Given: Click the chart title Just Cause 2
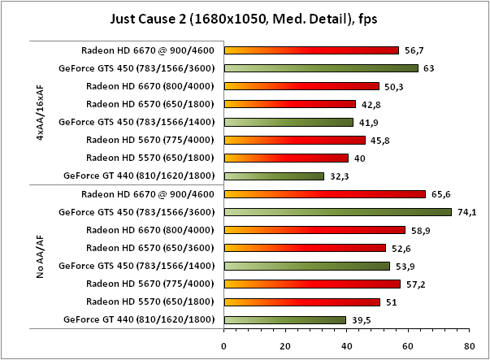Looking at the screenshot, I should point(245,17).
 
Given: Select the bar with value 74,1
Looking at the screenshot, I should point(337,212).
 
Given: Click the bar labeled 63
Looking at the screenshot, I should point(320,68).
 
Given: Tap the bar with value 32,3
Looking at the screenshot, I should point(273,176).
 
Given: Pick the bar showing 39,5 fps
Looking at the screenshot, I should point(284,319).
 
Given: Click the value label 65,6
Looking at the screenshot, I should point(440,194).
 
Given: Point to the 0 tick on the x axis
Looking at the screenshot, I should point(223,344).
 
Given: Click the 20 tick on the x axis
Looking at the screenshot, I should point(284,344).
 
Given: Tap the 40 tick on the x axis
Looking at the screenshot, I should point(346,344).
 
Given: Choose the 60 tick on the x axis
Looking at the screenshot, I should point(407,344).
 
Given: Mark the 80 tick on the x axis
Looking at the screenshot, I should point(468,344).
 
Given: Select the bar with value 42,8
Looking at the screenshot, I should point(289,104).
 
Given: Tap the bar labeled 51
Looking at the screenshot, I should point(301,301).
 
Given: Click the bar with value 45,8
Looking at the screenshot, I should point(293,140).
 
